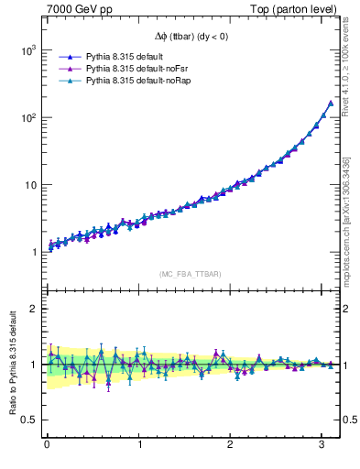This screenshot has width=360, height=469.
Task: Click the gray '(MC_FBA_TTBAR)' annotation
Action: click(x=190, y=274)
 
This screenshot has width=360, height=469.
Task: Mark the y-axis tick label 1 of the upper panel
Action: click(x=34, y=252)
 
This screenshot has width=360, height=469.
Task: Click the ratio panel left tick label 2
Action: click(x=34, y=309)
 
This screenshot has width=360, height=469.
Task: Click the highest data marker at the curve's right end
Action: click(x=331, y=103)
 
